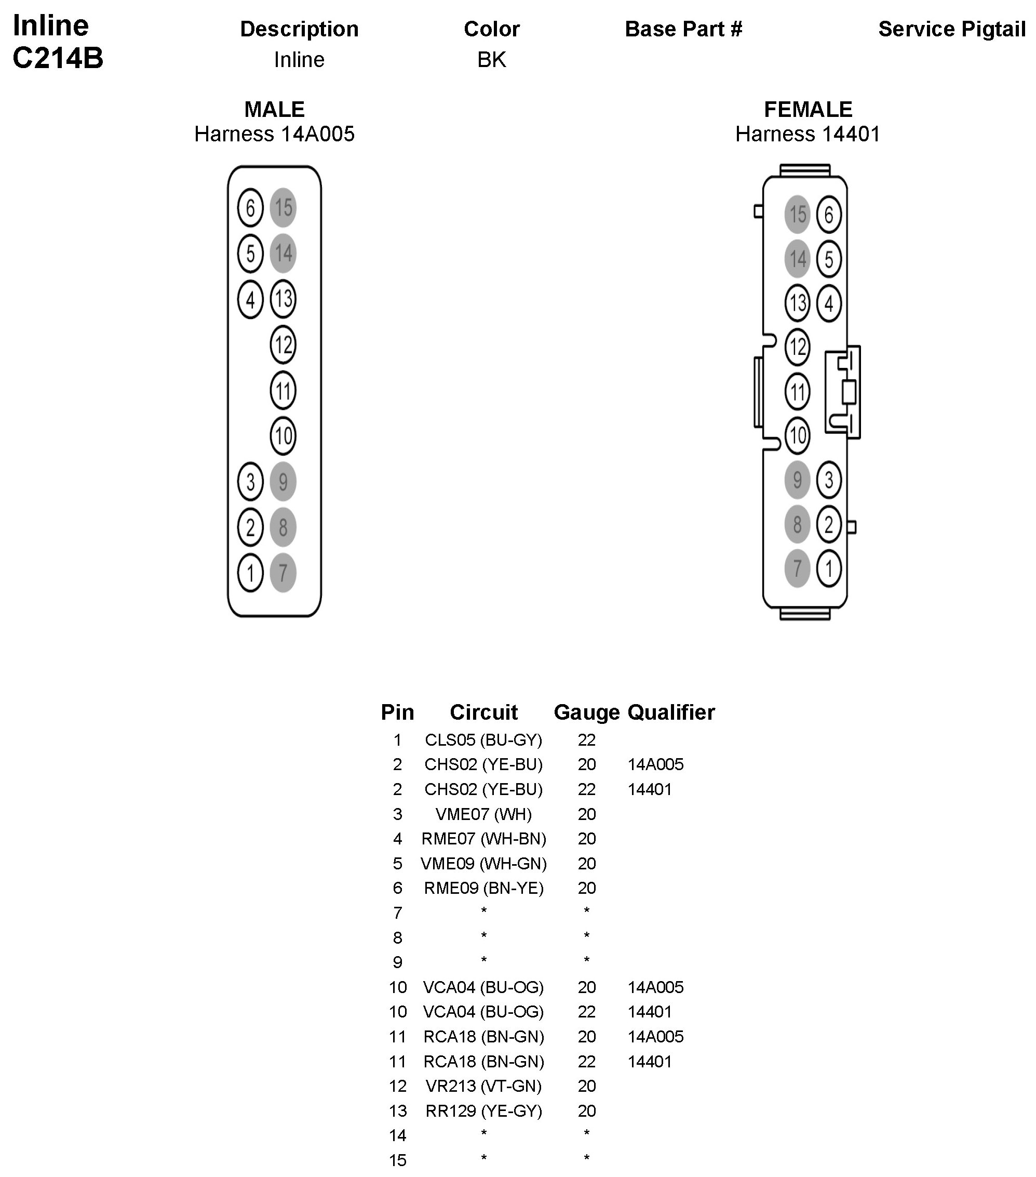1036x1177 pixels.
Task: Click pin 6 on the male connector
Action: pyautogui.click(x=250, y=208)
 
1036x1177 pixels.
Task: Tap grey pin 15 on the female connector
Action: pyautogui.click(x=797, y=215)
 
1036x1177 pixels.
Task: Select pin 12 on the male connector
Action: pyautogui.click(x=283, y=345)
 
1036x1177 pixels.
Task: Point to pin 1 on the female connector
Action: pyautogui.click(x=829, y=569)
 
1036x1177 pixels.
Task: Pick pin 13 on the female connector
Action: pyautogui.click(x=797, y=303)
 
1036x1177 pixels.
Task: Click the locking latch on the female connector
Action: pyautogui.click(x=844, y=392)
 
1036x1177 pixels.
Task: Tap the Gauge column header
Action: pyautogui.click(x=586, y=712)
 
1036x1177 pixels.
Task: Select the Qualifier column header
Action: pyautogui.click(x=671, y=712)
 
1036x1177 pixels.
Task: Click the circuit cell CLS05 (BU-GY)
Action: pyautogui.click(x=483, y=740)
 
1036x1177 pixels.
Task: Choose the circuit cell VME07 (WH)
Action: pyautogui.click(x=483, y=814)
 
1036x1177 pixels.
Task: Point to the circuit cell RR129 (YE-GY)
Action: pyautogui.click(x=483, y=1111)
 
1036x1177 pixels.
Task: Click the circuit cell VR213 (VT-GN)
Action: pyautogui.click(x=483, y=1086)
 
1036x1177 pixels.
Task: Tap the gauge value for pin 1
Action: pyautogui.click(x=586, y=740)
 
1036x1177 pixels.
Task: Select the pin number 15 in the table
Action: pyautogui.click(x=398, y=1160)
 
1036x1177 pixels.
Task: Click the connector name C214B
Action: pyautogui.click(x=58, y=58)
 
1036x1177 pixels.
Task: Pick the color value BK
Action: pyautogui.click(x=492, y=60)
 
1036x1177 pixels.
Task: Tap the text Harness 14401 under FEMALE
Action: pyautogui.click(x=808, y=134)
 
